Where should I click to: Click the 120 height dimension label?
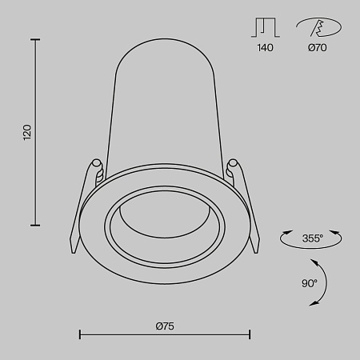point(26,132)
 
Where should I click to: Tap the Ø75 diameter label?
point(165,325)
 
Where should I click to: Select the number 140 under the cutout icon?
point(266,48)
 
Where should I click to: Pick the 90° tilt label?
point(310,282)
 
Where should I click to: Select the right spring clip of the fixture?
point(243,200)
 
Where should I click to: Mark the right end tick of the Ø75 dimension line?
point(250,334)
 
